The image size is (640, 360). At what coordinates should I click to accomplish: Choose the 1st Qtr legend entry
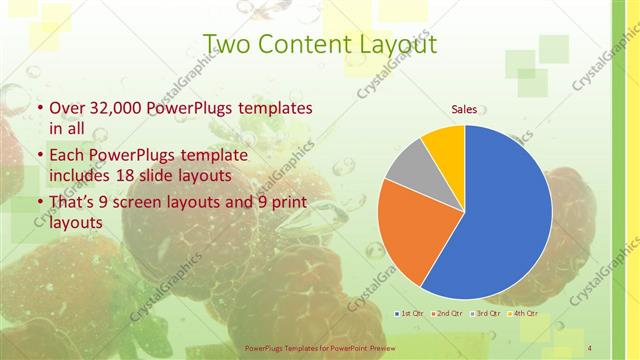[x=409, y=314]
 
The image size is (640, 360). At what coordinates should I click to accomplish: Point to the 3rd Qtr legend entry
[x=487, y=314]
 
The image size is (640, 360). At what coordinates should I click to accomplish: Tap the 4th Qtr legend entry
[x=526, y=314]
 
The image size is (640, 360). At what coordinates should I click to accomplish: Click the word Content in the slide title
[x=298, y=44]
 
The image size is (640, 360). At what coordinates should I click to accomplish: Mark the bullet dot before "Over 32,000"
[x=39, y=107]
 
